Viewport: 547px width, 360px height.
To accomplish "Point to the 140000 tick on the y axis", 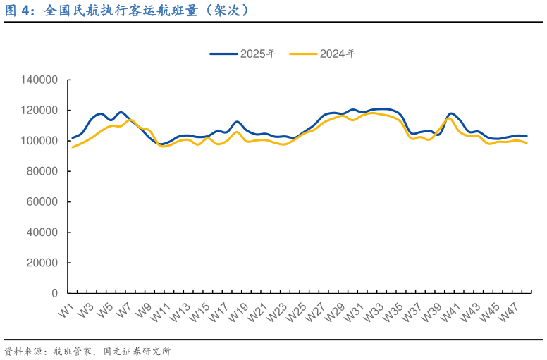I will point(38,80).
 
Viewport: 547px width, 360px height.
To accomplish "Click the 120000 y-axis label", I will point(38,111).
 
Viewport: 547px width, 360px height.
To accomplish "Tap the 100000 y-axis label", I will point(38,141).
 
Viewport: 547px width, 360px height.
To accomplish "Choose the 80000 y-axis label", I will point(41,171).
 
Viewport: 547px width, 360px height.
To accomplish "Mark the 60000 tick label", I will point(41,202).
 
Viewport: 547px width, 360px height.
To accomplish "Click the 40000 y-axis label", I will point(41,232).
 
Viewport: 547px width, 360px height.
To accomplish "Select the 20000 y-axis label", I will point(41,263).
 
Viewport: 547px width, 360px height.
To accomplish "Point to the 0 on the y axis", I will point(54,293).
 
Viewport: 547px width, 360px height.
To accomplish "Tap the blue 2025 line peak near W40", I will point(451,113).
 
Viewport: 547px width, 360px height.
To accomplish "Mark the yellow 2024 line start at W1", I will point(73,147).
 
